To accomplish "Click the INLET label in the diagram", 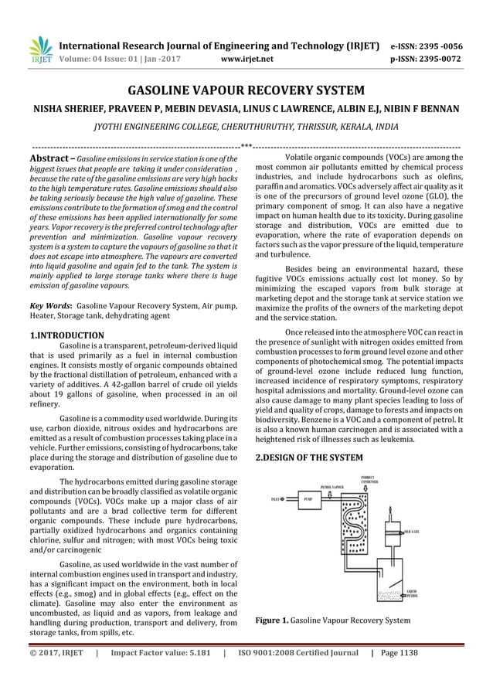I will [x=276, y=499].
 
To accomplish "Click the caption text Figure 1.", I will [x=275, y=620].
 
